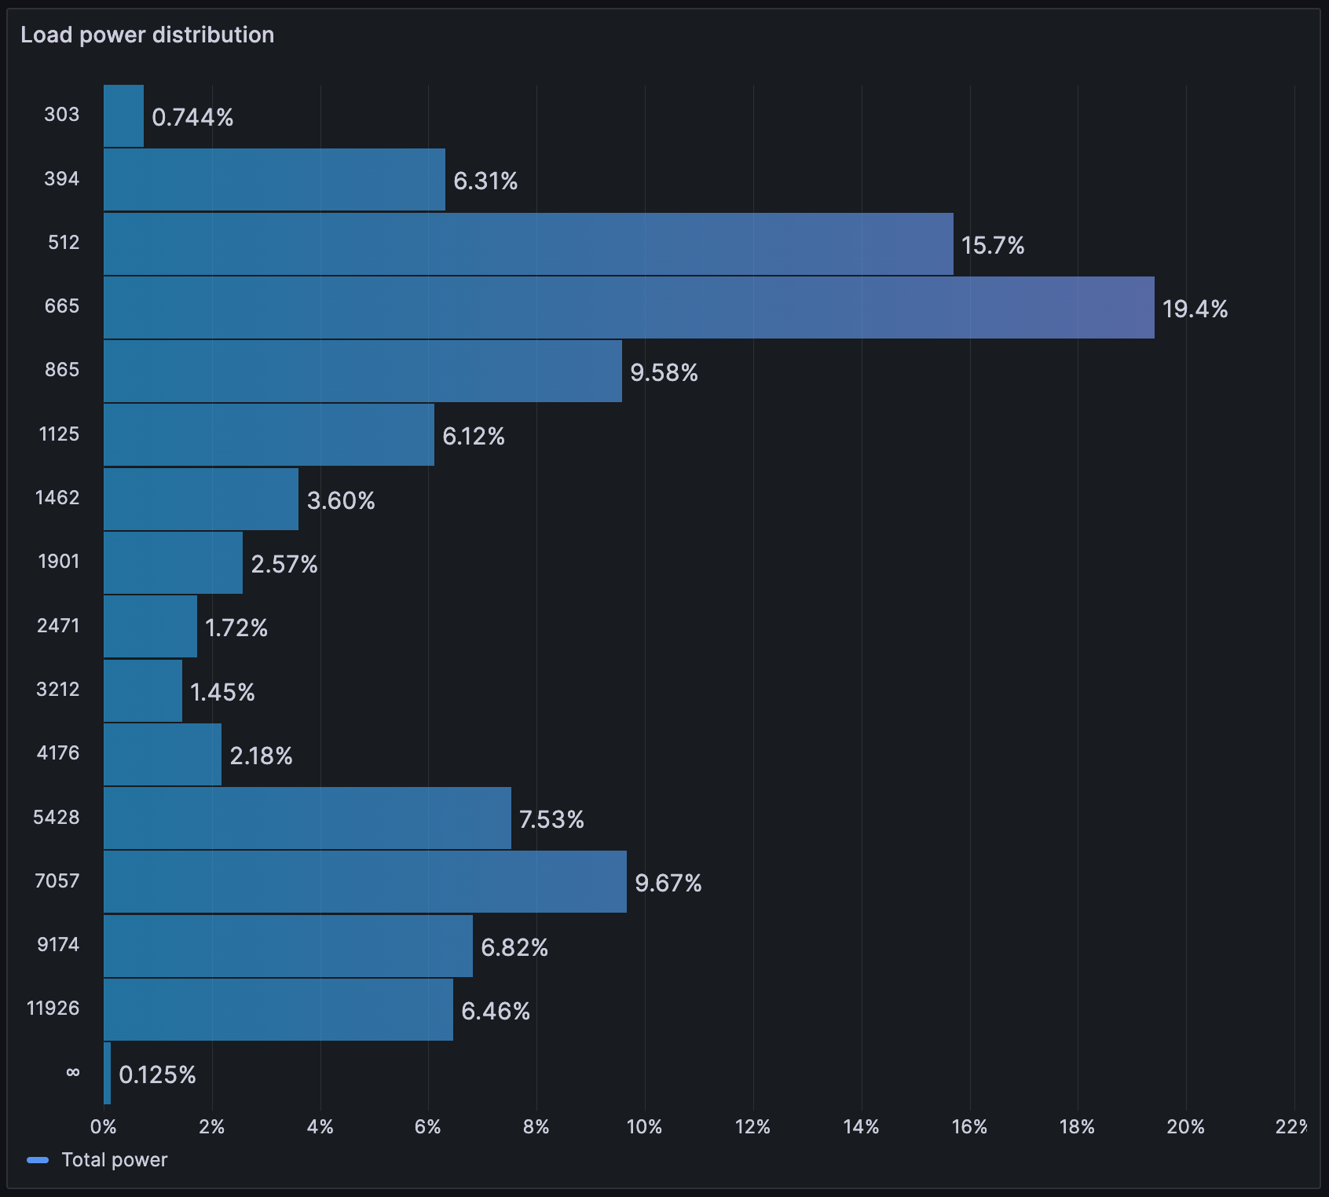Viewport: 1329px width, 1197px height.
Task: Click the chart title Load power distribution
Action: click(x=147, y=35)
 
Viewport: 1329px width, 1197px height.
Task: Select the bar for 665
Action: click(x=628, y=308)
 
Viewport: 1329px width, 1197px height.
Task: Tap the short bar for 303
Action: click(x=123, y=116)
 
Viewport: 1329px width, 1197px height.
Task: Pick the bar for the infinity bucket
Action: click(x=107, y=1073)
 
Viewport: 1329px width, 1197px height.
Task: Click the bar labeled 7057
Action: click(x=365, y=881)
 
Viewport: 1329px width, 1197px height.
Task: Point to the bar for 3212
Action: click(x=143, y=690)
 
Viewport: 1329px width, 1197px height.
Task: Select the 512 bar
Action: click(x=529, y=243)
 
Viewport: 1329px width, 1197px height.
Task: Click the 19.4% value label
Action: click(x=1195, y=309)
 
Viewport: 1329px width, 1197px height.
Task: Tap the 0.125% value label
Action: click(x=157, y=1074)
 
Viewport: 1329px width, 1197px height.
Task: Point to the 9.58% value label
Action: click(x=664, y=372)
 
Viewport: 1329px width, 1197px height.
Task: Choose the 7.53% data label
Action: click(x=551, y=819)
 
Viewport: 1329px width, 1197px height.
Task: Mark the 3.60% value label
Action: click(x=341, y=500)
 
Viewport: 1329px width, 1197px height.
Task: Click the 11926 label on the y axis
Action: click(x=53, y=1008)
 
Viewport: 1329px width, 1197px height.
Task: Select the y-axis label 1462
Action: click(x=57, y=497)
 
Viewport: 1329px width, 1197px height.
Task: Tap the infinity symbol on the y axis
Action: click(x=73, y=1072)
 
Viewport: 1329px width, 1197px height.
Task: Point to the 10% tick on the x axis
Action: click(x=644, y=1127)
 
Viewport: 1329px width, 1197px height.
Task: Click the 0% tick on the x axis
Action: click(x=104, y=1127)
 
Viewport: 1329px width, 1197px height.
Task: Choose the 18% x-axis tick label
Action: click(x=1077, y=1127)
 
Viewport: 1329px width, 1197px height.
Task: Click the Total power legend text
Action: click(x=115, y=1160)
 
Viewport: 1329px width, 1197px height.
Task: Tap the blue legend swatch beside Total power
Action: click(x=38, y=1160)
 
